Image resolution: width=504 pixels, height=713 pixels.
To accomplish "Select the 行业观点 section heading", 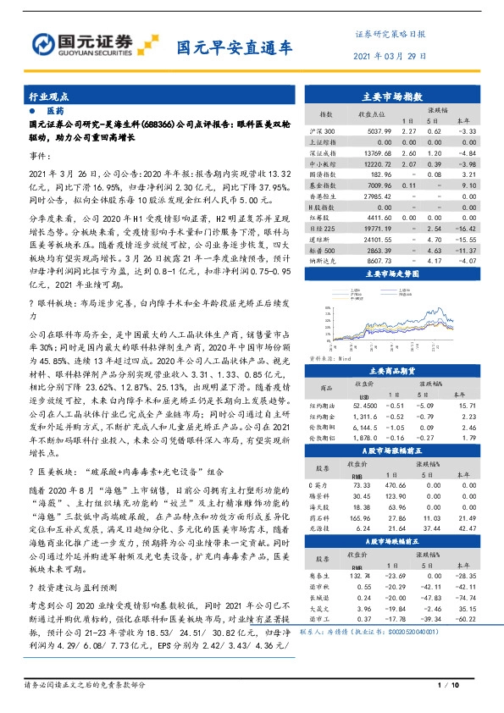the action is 49,97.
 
